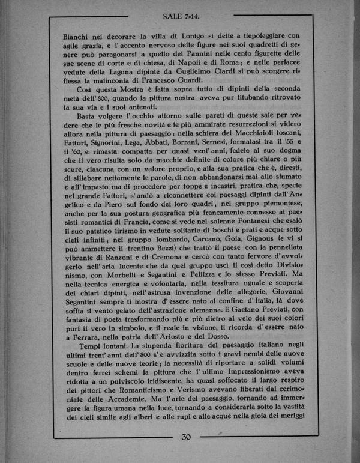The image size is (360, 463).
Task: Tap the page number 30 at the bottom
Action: coord(185,437)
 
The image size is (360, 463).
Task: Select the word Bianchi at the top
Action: coord(78,35)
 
